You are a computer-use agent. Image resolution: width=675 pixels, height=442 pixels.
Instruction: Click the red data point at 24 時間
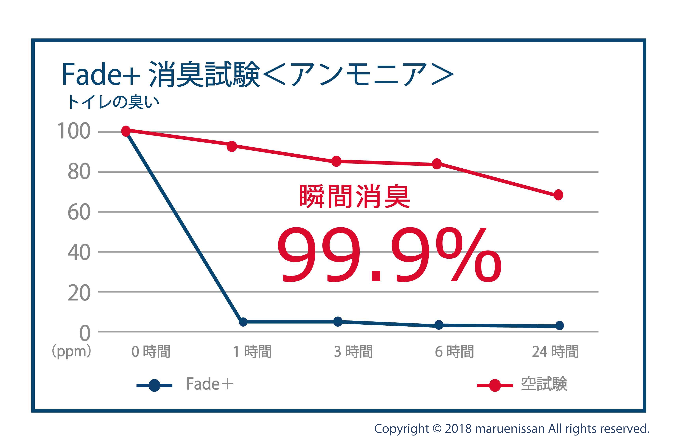point(558,195)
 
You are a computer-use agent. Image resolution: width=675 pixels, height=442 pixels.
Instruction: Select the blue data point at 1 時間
point(243,322)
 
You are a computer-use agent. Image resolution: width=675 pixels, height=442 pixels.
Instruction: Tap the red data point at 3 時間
point(336,161)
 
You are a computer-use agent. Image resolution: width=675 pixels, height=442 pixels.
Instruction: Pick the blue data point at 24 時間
point(560,325)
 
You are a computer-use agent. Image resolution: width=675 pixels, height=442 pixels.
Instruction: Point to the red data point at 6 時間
point(437,164)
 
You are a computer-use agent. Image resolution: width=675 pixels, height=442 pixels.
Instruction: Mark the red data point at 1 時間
point(232,147)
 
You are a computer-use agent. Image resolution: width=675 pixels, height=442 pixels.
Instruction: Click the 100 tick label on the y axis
point(74,131)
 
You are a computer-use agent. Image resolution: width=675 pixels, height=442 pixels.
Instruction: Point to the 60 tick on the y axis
point(79,212)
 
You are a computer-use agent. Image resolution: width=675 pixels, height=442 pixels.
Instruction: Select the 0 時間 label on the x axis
point(151,352)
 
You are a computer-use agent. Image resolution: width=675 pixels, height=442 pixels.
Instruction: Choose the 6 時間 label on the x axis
point(454,352)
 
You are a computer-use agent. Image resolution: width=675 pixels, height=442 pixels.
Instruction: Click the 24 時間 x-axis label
point(555,352)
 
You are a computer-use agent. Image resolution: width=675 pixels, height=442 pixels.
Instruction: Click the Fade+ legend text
point(209,384)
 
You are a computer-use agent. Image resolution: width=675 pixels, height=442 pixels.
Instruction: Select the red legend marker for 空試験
point(495,385)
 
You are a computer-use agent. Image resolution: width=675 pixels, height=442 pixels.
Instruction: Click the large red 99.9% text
point(389,255)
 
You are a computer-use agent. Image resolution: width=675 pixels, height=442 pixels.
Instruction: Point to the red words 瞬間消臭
point(355,196)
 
